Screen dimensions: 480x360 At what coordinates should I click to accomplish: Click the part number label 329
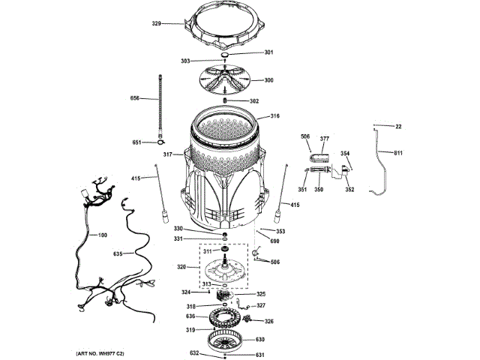click(157, 24)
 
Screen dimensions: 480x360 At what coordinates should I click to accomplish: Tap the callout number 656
click(135, 97)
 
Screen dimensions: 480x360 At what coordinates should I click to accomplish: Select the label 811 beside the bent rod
click(397, 153)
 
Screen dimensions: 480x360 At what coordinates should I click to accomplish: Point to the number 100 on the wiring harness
click(103, 235)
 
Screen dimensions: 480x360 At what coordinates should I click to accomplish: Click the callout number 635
click(118, 254)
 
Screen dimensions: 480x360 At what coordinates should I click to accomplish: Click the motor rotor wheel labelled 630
click(225, 343)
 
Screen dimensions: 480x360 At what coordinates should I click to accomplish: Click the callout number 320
click(180, 266)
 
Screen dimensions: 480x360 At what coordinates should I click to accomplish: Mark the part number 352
click(349, 190)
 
